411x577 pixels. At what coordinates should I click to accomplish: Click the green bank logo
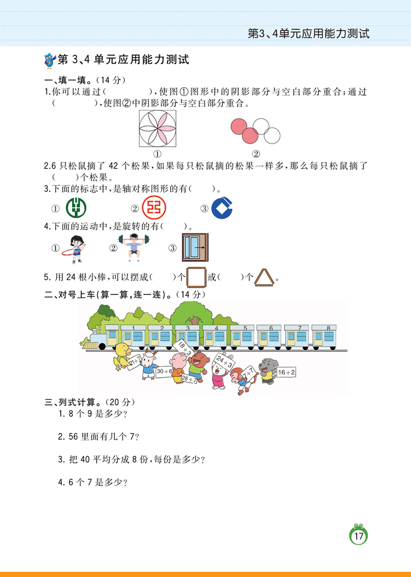click(76, 208)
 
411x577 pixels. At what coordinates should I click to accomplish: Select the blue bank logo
click(223, 208)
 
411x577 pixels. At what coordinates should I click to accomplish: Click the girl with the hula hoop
click(76, 248)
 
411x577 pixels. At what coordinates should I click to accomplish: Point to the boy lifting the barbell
click(134, 247)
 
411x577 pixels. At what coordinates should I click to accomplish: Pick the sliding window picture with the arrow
click(195, 247)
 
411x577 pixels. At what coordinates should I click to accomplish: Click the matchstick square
click(196, 277)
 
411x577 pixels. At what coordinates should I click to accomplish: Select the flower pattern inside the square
click(157, 130)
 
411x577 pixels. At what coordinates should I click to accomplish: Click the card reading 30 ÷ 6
click(164, 370)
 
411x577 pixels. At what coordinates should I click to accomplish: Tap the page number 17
click(358, 536)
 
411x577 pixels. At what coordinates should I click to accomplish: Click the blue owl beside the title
click(49, 59)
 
